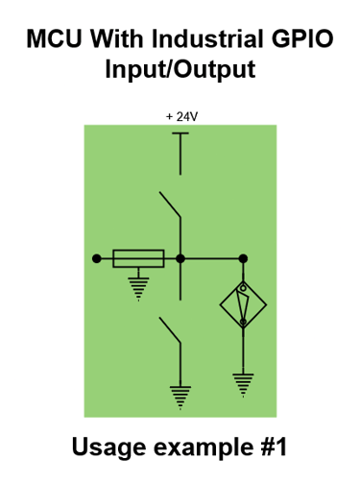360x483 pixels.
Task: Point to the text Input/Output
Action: pos(180,70)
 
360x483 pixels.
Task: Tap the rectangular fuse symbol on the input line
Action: pos(138,258)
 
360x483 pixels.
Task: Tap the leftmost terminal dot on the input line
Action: pos(96,258)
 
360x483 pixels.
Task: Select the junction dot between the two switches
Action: pos(180,258)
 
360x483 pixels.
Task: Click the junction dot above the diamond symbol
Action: pos(243,258)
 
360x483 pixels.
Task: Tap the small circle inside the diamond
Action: pos(243,289)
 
